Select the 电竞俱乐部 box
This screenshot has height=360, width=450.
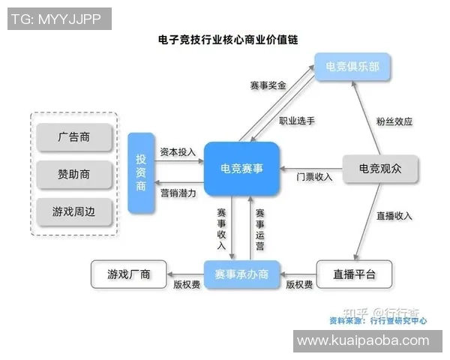pyautogui.click(x=352, y=67)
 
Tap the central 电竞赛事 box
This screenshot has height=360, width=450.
pyautogui.click(x=241, y=169)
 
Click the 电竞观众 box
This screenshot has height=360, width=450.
pyautogui.click(x=379, y=169)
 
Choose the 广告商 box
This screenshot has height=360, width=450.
pyautogui.click(x=74, y=137)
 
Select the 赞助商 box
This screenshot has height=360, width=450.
pyautogui.click(x=74, y=174)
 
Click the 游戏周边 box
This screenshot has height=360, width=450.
pyautogui.click(x=74, y=211)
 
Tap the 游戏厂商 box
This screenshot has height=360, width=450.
pyautogui.click(x=128, y=274)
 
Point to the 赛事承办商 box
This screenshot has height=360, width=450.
pyautogui.click(x=241, y=274)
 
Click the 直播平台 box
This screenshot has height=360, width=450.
pyautogui.click(x=353, y=274)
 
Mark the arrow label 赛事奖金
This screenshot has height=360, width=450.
pyautogui.click(x=268, y=86)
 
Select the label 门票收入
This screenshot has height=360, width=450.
pyautogui.click(x=314, y=177)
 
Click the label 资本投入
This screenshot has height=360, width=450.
pyautogui.click(x=178, y=152)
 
